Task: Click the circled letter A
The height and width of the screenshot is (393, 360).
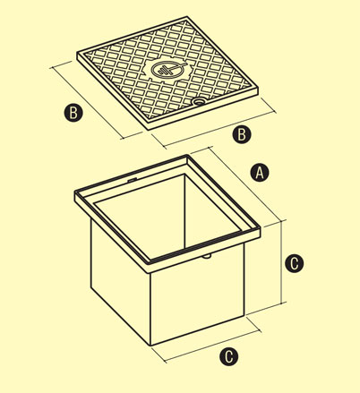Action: (x=260, y=173)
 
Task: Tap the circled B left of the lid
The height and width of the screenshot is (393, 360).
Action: (x=73, y=113)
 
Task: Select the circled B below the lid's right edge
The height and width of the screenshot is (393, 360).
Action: (x=242, y=134)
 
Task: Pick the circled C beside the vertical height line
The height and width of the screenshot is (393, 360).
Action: (x=295, y=263)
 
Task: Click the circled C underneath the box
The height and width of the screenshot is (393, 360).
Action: (x=229, y=356)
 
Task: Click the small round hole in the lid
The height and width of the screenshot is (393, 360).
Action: (x=198, y=102)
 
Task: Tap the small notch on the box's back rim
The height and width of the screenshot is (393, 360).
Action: (x=132, y=180)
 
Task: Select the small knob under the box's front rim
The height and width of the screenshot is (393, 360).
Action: (x=206, y=256)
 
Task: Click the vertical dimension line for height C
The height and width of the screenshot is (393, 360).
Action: (x=282, y=261)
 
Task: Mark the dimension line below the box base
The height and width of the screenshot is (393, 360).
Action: (x=212, y=346)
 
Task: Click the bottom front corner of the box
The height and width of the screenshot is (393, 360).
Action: (x=150, y=346)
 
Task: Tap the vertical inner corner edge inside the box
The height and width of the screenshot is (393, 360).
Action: (x=184, y=211)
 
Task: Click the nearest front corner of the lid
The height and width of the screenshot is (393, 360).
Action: (x=149, y=129)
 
